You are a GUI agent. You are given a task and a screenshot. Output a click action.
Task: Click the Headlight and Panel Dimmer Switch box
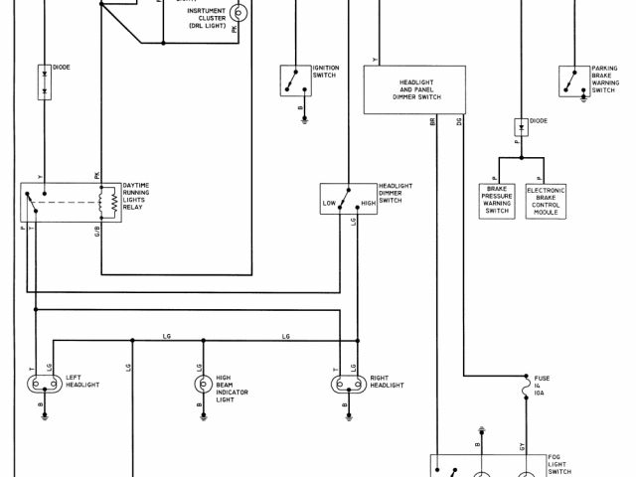pyautogui.click(x=415, y=90)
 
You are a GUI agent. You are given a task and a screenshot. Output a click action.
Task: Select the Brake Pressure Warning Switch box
pyautogui.click(x=498, y=199)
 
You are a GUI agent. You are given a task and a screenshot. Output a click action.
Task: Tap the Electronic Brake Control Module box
pyautogui.click(x=546, y=199)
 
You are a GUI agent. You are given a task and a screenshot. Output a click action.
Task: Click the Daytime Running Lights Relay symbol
pyautogui.click(x=70, y=202)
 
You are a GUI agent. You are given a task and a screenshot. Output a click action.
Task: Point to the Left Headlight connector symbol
pyautogui.click(x=45, y=384)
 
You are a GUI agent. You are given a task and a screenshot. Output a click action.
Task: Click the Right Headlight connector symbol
pyautogui.click(x=347, y=384)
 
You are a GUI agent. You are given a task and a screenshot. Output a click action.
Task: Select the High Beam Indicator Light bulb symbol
pyautogui.click(x=202, y=384)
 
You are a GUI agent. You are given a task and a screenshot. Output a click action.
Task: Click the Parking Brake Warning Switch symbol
pyautogui.click(x=573, y=77)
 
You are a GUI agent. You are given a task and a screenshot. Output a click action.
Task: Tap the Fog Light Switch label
pyautogui.click(x=561, y=464)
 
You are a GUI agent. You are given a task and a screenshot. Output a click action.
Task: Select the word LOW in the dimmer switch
pyautogui.click(x=330, y=203)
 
